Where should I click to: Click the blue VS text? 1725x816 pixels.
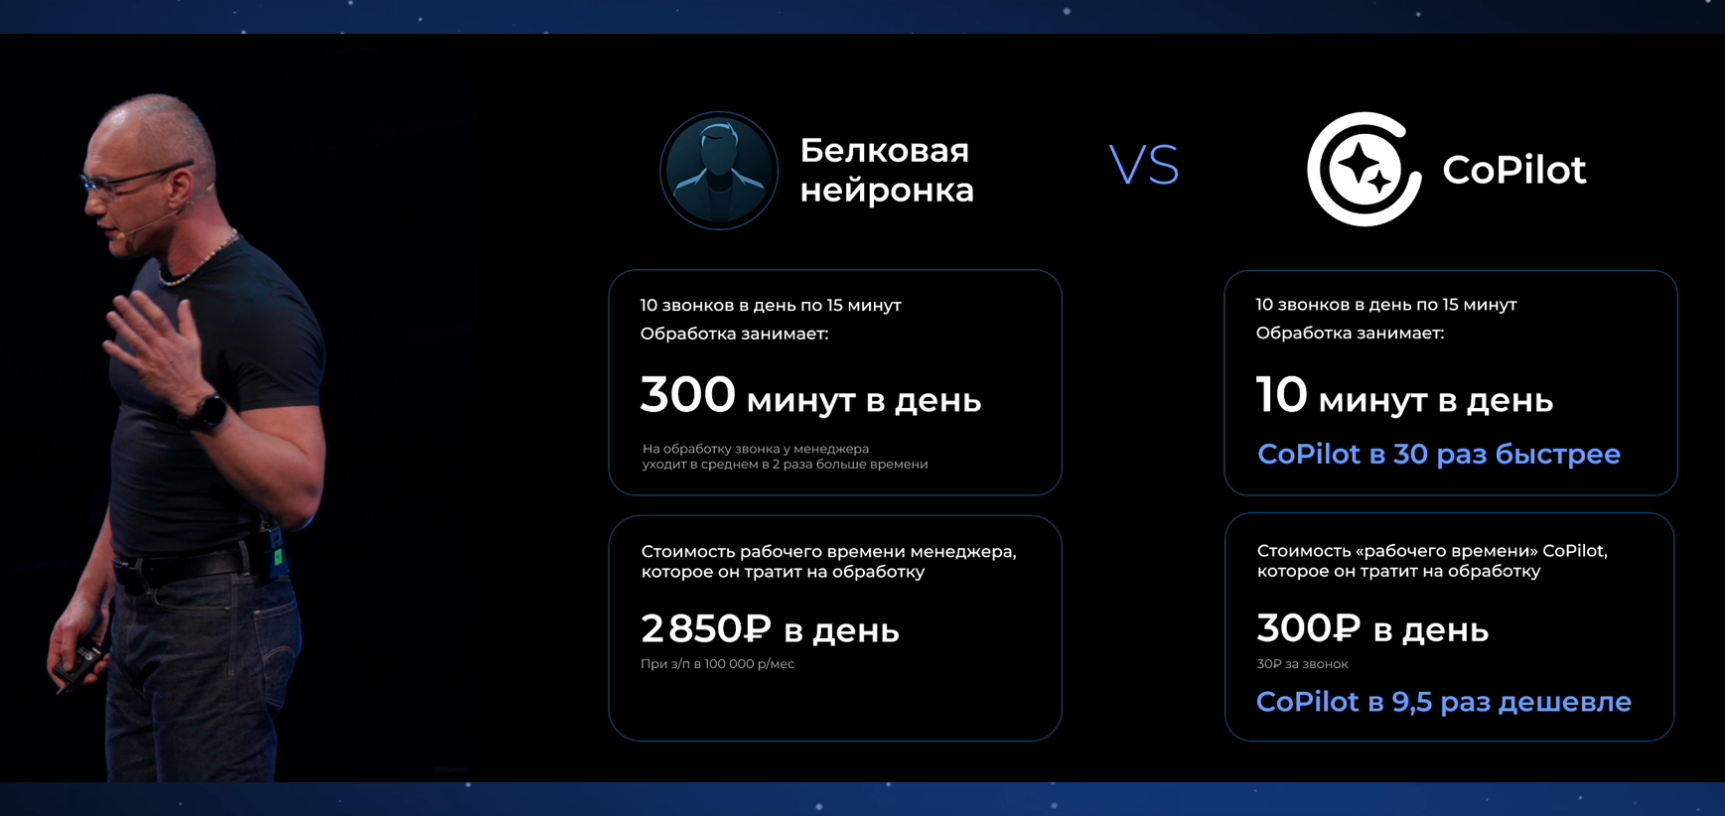[1144, 166]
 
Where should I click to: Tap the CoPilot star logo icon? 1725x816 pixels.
[1363, 169]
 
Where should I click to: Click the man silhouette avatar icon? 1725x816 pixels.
[719, 170]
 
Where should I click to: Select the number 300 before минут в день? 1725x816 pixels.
[687, 395]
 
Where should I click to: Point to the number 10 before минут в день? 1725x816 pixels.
[1281, 395]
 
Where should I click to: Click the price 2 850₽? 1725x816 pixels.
[705, 628]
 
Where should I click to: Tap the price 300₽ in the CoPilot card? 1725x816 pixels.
[1308, 628]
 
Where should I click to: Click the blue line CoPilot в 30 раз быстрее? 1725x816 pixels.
[1438, 455]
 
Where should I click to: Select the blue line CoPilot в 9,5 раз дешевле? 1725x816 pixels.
[1443, 702]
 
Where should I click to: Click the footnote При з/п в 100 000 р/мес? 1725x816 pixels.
[717, 664]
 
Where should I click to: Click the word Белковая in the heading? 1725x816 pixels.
[884, 151]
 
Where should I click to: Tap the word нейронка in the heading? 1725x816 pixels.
[887, 190]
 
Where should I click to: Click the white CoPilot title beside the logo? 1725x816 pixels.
[1513, 170]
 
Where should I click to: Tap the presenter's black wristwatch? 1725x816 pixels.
[209, 411]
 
